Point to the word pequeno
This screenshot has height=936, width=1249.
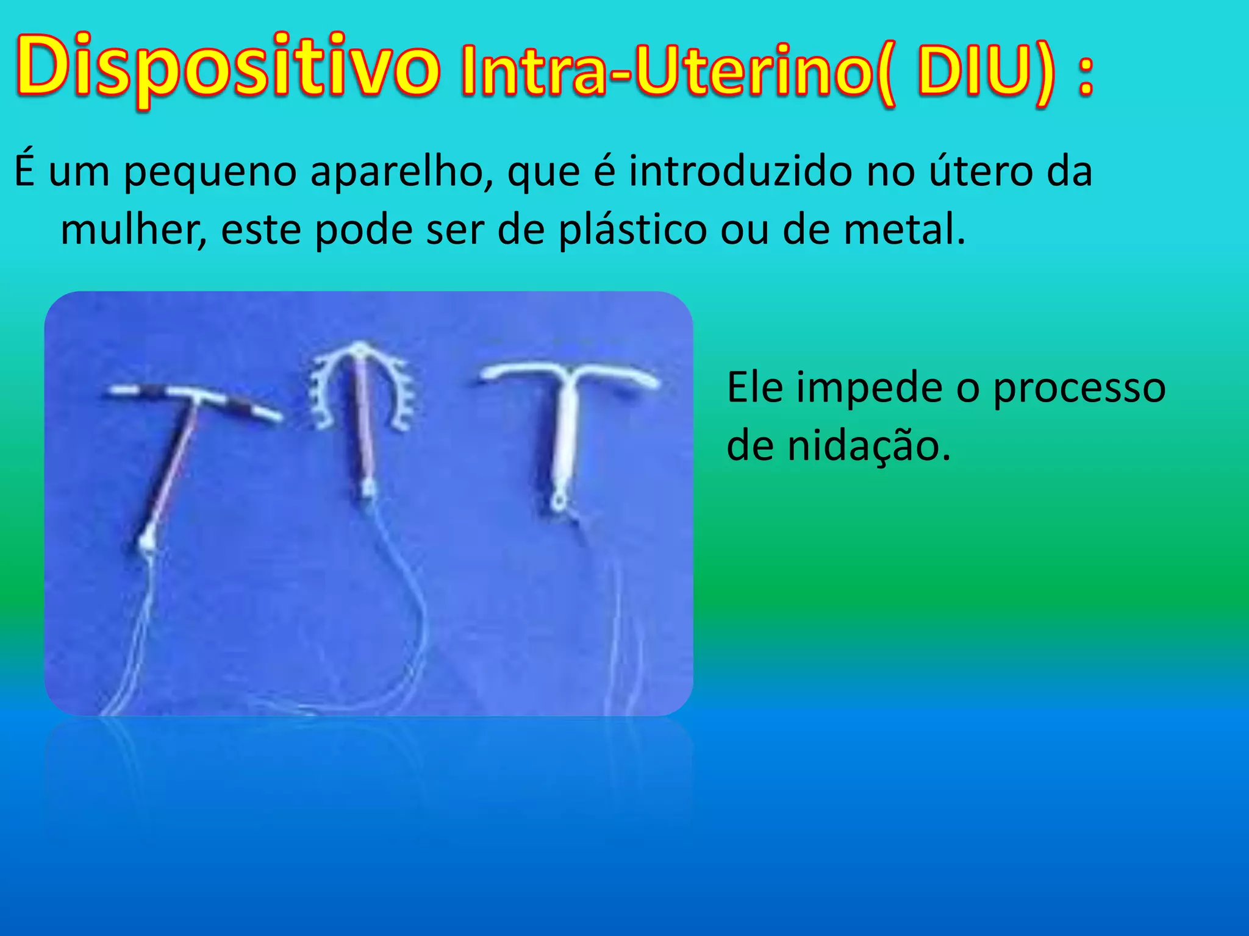pyautogui.click(x=210, y=172)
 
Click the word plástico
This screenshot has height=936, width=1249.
pyautogui.click(x=632, y=230)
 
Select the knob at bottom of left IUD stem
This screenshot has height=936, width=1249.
pyautogui.click(x=147, y=543)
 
